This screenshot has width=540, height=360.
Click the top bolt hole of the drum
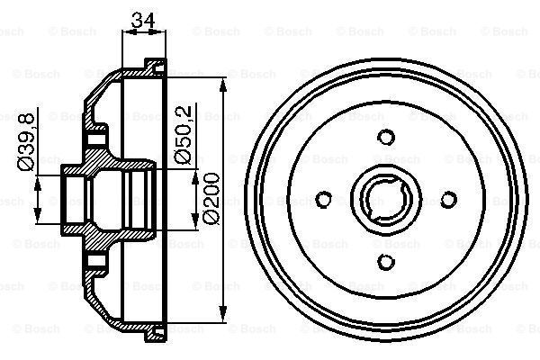(387, 137)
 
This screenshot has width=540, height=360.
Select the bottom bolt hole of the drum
(387, 261)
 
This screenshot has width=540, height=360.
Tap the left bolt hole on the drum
(325, 199)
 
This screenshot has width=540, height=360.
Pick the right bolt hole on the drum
(449, 199)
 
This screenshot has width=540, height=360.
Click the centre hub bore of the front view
(387, 199)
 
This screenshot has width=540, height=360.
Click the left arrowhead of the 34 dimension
(125, 31)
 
